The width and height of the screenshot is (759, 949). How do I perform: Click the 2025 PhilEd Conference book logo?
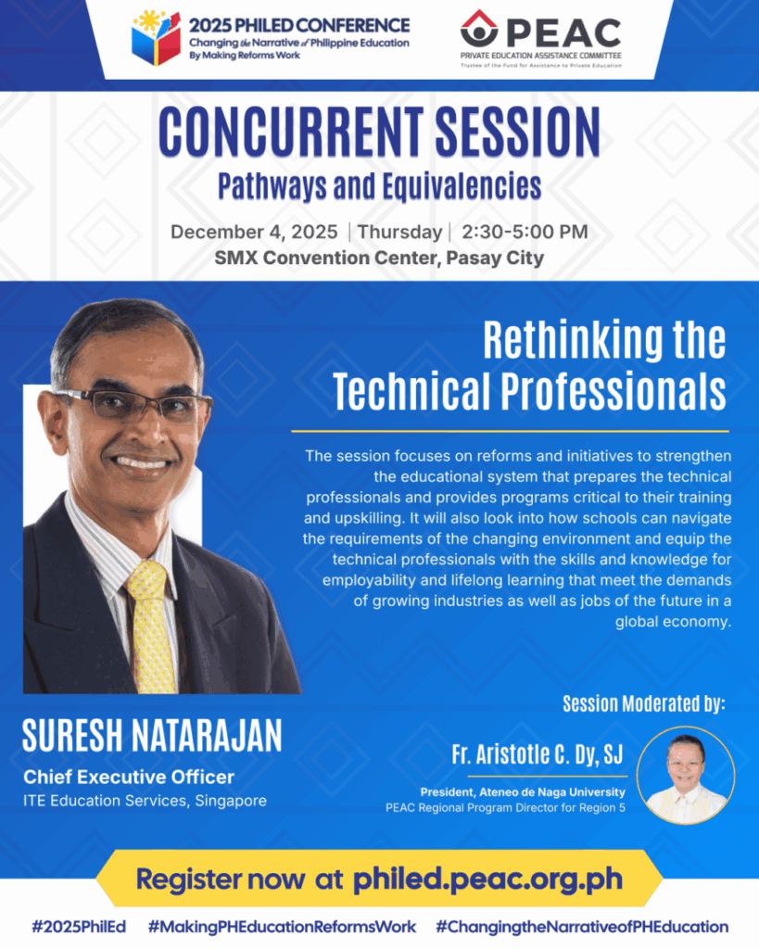157,38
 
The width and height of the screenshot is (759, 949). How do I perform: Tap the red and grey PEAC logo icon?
479,29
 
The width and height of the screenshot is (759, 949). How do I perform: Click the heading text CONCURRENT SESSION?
380,132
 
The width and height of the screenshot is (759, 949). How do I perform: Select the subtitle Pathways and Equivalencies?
380,186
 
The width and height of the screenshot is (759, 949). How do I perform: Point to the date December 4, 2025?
254,232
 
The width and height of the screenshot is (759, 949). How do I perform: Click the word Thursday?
399,232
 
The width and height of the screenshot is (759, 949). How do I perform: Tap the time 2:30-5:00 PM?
525,232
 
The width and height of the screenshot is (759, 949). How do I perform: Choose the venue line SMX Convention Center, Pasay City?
380,258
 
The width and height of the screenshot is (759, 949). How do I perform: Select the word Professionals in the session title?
614,392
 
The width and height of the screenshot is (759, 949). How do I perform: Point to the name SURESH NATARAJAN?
152,735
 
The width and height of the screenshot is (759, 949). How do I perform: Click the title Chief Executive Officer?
129,778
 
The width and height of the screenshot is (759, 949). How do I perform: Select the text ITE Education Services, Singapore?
145,801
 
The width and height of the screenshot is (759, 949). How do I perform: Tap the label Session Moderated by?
644,704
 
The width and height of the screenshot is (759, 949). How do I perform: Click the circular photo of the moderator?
686,776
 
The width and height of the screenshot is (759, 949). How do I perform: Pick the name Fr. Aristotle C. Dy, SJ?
538,754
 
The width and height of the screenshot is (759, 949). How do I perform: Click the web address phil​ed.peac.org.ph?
487,879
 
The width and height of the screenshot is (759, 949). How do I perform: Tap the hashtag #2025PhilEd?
79,927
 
